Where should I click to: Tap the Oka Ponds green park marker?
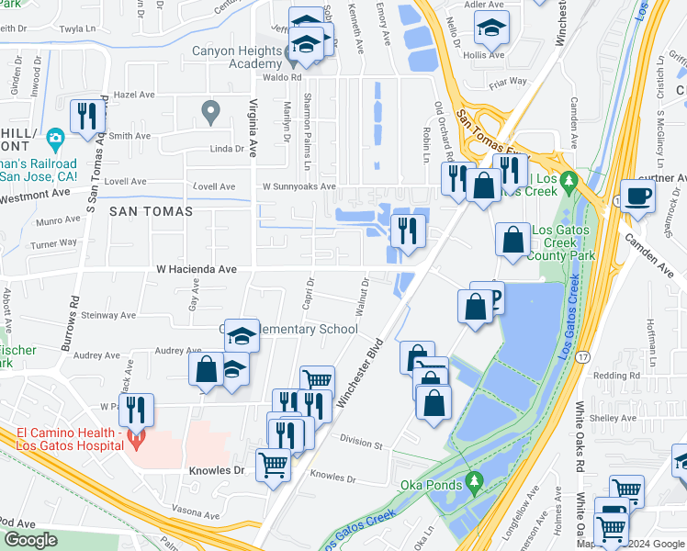point(474,479)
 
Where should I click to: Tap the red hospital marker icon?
point(136,439)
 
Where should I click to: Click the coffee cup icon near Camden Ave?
point(637,195)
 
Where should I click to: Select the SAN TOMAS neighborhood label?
point(152,211)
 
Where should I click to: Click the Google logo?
point(30,540)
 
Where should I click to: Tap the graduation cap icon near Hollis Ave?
point(492,28)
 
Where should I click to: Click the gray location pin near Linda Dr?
point(210,111)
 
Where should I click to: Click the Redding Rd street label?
point(615,376)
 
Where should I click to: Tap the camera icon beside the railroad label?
point(55,140)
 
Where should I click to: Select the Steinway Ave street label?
point(107,314)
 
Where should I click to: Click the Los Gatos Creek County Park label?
point(564,242)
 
